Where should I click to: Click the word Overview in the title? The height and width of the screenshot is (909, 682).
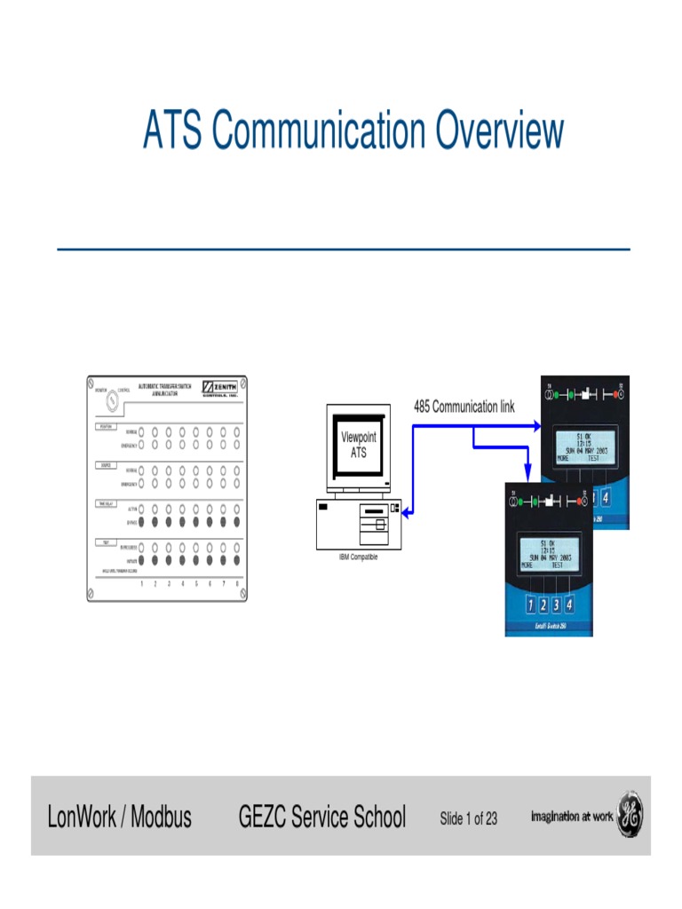499,130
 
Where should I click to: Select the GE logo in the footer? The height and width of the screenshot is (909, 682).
630,815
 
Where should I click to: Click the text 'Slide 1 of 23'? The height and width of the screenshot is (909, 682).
469,818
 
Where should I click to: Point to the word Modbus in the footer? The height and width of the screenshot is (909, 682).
161,816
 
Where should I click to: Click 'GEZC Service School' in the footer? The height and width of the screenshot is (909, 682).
322,816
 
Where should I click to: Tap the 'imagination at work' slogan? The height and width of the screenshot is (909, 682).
572,816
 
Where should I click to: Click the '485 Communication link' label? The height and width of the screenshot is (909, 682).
464,407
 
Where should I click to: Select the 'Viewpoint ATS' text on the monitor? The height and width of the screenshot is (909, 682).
359,445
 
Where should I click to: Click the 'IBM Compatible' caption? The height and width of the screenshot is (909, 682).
358,557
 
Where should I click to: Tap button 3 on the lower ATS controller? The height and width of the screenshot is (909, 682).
556,605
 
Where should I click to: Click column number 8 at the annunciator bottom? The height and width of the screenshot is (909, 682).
237,583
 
